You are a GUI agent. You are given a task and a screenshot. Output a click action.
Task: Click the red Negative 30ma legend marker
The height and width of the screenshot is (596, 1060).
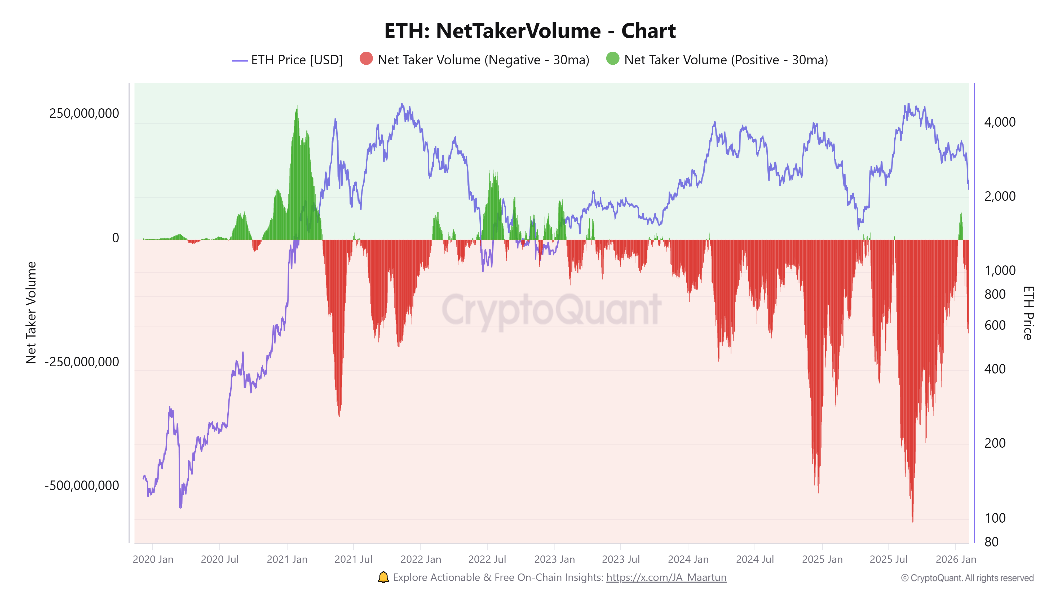pos(366,59)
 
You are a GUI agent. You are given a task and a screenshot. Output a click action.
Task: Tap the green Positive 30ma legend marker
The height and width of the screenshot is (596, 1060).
pos(612,59)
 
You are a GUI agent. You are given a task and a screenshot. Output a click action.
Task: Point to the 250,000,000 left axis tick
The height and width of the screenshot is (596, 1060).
pos(84,114)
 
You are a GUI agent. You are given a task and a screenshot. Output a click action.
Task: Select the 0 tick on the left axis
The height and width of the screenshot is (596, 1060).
pos(115,238)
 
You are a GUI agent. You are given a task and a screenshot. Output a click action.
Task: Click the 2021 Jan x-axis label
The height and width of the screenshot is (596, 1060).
pos(287,559)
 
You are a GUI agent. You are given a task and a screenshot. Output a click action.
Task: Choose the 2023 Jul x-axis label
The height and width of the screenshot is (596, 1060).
pos(621,559)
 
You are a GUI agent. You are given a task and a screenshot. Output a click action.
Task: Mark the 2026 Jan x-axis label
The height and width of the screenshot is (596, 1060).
pos(956,559)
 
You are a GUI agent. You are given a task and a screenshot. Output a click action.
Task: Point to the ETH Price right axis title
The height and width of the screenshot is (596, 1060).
pos(1028,313)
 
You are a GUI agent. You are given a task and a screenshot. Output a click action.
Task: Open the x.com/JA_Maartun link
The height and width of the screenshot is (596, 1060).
pos(666,577)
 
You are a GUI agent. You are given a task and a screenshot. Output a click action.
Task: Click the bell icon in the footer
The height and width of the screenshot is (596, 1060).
pos(383,577)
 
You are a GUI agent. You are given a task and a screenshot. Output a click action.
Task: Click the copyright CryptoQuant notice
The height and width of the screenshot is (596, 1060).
pos(967,578)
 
